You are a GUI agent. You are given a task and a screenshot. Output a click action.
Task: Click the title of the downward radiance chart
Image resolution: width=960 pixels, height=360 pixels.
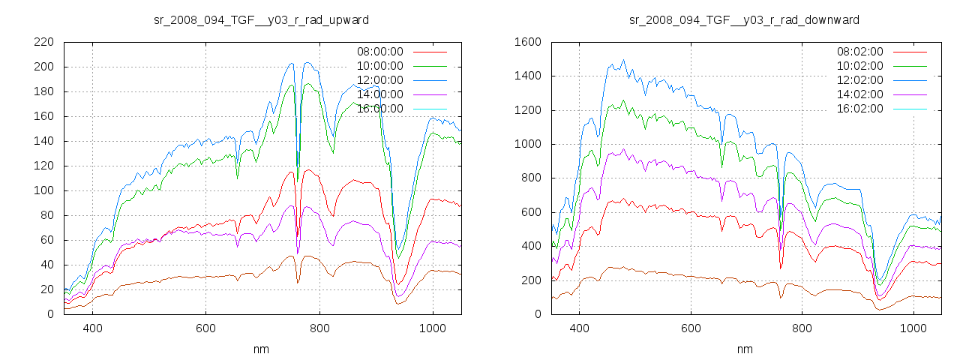745,19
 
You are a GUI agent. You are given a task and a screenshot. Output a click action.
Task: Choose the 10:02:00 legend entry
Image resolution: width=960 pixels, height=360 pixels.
859,66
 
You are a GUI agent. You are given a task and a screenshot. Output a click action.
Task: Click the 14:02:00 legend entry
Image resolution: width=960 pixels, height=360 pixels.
859,94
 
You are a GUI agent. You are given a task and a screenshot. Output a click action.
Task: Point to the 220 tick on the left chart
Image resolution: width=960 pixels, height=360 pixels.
43,42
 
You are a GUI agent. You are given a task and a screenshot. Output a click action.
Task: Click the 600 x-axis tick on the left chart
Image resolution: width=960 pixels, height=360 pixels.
205,328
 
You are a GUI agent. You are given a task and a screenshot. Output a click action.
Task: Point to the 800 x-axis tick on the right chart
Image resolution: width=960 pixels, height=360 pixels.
801,328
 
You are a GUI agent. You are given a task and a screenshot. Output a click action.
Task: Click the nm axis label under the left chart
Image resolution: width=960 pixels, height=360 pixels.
261,349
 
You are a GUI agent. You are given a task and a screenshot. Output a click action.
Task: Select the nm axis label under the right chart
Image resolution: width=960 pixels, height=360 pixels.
745,349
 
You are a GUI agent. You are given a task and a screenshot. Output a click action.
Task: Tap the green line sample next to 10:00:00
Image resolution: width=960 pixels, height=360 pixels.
429,66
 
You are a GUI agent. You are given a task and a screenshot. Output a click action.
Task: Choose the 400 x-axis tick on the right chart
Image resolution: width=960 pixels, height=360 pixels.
578,328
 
